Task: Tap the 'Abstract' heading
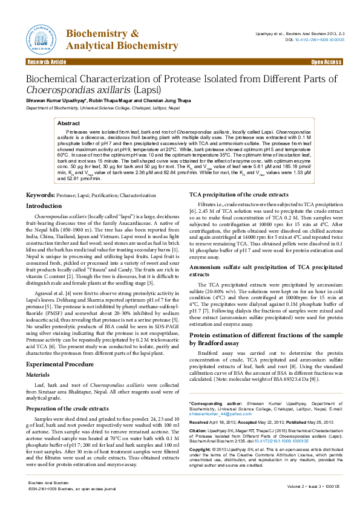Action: (68, 123)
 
